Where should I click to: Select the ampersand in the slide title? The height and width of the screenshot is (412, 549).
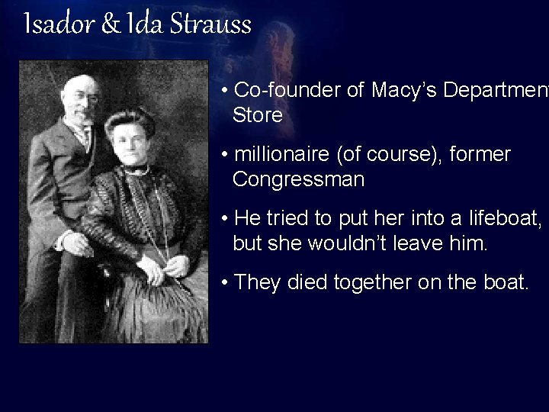click(107, 25)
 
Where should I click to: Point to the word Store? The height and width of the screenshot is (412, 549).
click(258, 115)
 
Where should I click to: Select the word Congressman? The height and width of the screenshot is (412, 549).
click(299, 180)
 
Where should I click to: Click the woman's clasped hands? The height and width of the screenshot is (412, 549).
click(169, 266)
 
